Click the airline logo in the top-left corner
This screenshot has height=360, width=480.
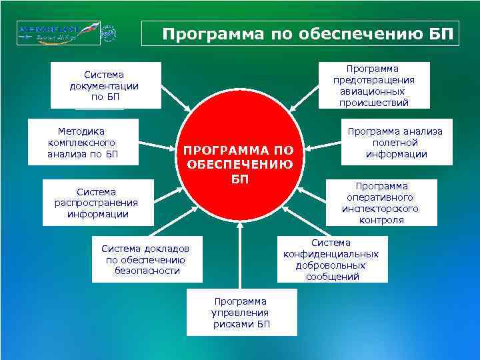(x=65, y=33)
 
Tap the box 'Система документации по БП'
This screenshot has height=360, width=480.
(x=104, y=85)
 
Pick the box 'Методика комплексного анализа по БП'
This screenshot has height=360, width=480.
(x=83, y=141)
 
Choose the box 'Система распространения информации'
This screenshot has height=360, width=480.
(x=97, y=203)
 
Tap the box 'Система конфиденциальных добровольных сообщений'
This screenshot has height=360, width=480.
(x=331, y=259)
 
